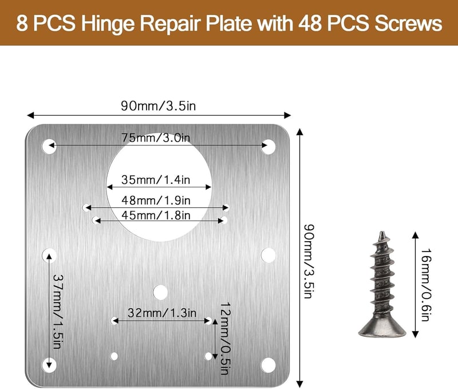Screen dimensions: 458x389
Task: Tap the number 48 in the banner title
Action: (310, 23)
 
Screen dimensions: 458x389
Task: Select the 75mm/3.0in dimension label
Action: (156, 137)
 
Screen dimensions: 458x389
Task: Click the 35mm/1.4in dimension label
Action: (156, 179)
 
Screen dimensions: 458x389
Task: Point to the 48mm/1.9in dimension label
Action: (156, 200)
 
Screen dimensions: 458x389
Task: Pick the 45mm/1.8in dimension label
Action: (156, 215)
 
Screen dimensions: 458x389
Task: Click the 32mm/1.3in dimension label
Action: (162, 313)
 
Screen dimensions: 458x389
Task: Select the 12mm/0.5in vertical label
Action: (225, 339)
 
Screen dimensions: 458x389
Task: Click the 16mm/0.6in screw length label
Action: (426, 285)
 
